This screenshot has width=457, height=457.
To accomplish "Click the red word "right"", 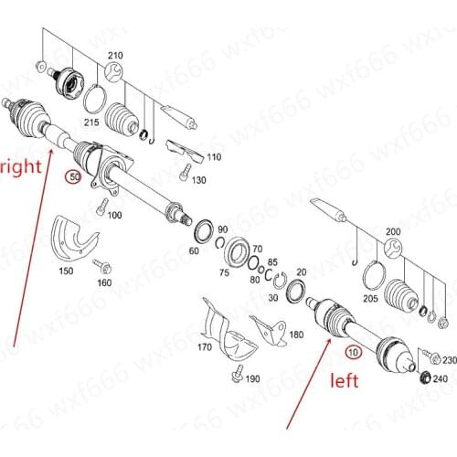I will pyautogui.click(x=17, y=168).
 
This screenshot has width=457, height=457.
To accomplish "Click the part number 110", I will pyautogui.click(x=214, y=157).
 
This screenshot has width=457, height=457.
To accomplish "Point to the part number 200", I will pyautogui.click(x=393, y=232).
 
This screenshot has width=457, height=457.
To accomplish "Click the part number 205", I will pyautogui.click(x=370, y=297).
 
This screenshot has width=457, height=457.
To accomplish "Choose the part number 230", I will pyautogui.click(x=447, y=359).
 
